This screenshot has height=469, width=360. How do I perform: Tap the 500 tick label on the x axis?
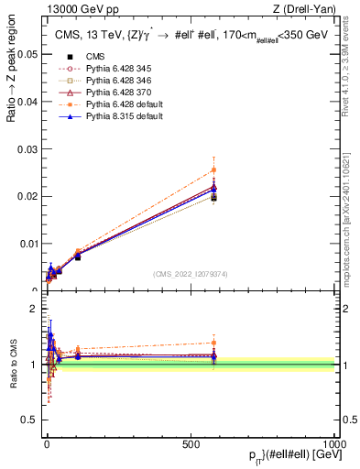coord(190,442)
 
